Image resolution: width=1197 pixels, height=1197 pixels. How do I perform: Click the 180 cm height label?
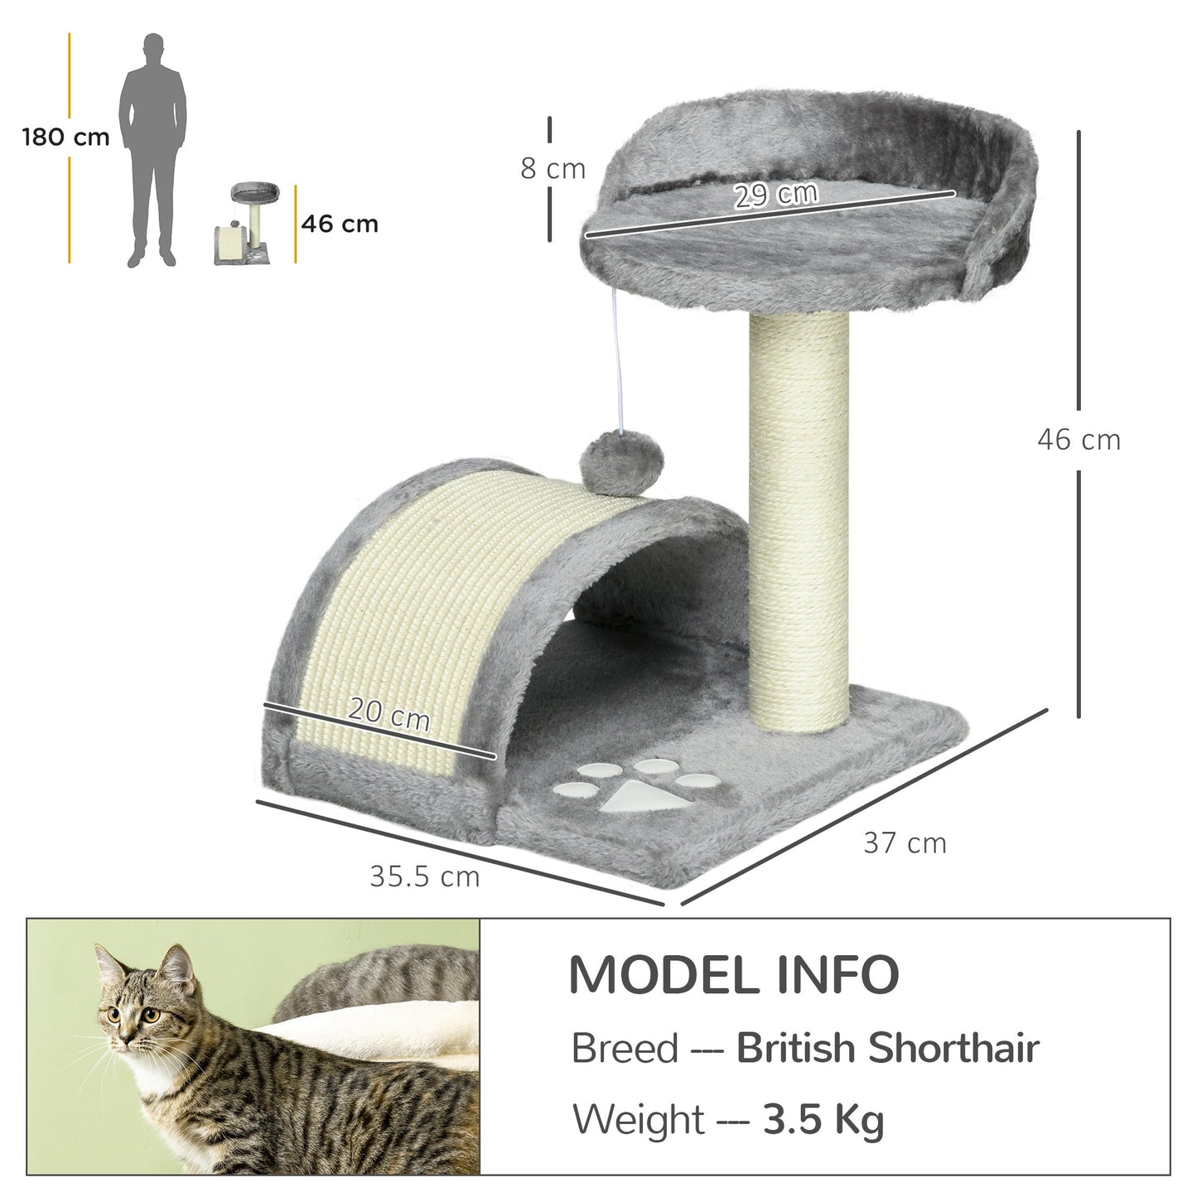[65, 137]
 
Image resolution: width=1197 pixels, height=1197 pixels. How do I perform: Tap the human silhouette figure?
[153, 149]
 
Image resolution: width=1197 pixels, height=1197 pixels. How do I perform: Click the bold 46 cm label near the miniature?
[340, 224]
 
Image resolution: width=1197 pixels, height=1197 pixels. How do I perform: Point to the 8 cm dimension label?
[553, 168]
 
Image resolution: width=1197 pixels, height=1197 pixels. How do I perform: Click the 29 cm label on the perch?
[776, 195]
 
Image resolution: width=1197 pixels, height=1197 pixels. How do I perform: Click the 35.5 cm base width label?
[424, 876]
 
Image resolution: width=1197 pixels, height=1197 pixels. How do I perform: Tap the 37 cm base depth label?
[905, 843]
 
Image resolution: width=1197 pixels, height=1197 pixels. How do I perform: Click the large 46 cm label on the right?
[1079, 439]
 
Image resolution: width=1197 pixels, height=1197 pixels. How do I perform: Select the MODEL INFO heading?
[734, 975]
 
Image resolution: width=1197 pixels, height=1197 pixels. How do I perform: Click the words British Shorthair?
[887, 1048]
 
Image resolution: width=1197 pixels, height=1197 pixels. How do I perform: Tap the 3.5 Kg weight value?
[823, 1120]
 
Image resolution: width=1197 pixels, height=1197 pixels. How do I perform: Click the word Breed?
[625, 1049]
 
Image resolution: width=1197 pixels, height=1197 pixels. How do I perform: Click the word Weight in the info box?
[639, 1120]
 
